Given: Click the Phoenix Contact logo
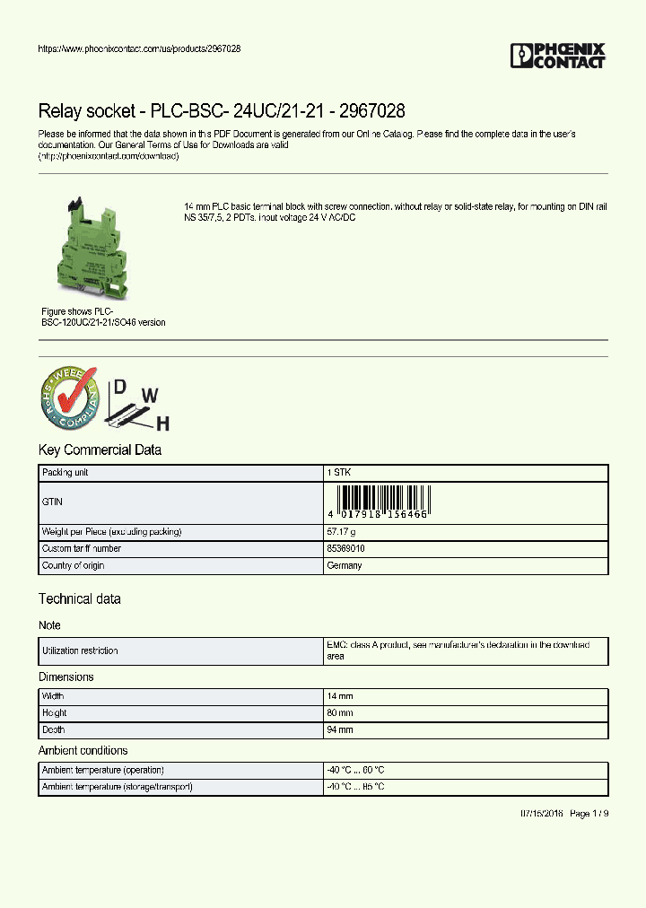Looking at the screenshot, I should (x=557, y=56).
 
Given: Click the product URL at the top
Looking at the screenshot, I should (x=139, y=48).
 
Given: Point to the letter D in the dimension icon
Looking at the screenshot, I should (x=118, y=388).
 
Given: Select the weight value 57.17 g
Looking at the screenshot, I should (x=342, y=532).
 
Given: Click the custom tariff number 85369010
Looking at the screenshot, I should (x=346, y=548).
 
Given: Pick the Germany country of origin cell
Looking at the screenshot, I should (x=345, y=565).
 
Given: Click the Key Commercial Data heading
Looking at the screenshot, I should (x=100, y=450).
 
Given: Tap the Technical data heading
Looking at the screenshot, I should (x=79, y=598).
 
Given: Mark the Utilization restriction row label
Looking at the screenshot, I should (x=80, y=650).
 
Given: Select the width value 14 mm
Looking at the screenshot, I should (x=340, y=696).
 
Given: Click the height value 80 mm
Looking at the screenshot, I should (x=340, y=713).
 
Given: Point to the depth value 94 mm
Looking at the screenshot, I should (x=340, y=730).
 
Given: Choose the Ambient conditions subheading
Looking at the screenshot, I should (x=83, y=750).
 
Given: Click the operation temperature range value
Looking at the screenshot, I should (x=355, y=770).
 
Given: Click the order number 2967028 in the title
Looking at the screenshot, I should (x=369, y=111).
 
